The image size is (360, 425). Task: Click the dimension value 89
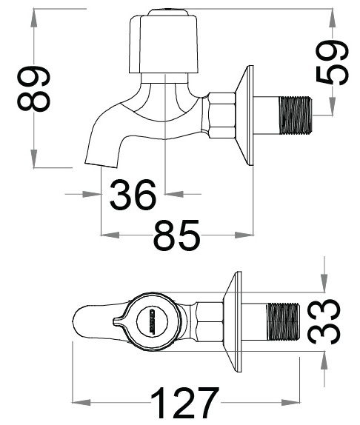tap(35, 90)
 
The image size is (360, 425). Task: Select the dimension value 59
tap(331, 64)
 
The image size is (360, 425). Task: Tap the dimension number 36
tap(133, 195)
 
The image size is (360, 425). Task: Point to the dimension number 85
tap(176, 237)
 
